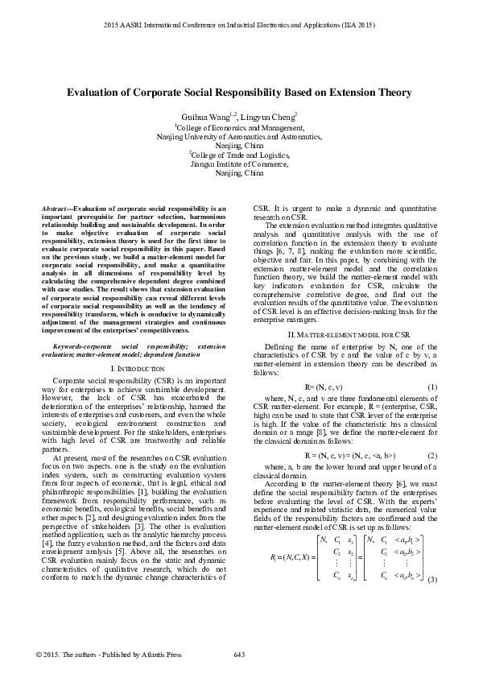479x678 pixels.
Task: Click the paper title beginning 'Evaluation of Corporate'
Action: tap(239, 93)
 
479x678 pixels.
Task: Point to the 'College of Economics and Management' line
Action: tap(240, 127)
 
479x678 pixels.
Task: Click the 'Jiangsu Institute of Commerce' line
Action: tap(240, 163)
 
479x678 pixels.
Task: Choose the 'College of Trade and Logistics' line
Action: tap(240, 154)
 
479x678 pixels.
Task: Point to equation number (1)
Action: tap(432, 387)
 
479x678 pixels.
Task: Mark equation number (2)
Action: tap(432, 455)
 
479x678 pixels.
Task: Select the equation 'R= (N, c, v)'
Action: tap(327, 387)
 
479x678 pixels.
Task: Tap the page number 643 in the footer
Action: tap(239, 653)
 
